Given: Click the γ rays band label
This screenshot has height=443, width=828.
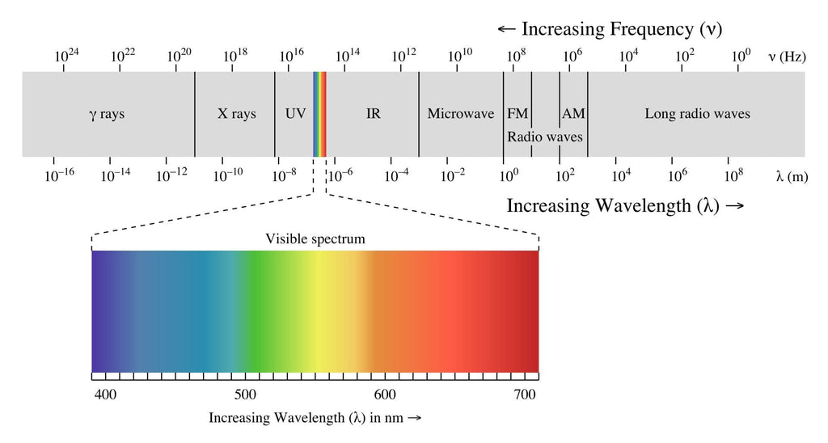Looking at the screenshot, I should pyautogui.click(x=107, y=114).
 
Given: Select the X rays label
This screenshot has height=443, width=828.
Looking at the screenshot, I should pyautogui.click(x=236, y=114).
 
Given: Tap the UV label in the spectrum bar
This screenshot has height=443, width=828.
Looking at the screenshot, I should pyautogui.click(x=295, y=114).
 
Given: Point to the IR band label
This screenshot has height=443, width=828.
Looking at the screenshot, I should pyautogui.click(x=373, y=114).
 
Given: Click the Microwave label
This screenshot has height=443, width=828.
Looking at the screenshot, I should pyautogui.click(x=460, y=114).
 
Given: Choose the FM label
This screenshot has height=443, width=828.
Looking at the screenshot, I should pyautogui.click(x=517, y=114).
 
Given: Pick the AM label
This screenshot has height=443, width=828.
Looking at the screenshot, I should pyautogui.click(x=573, y=114).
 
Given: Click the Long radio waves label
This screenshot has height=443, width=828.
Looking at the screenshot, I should pyautogui.click(x=697, y=114).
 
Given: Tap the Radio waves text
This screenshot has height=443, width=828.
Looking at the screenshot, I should pyautogui.click(x=544, y=137).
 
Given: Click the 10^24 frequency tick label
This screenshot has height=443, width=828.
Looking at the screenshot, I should pyautogui.click(x=66, y=56).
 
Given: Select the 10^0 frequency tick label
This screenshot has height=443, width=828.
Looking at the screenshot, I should pyautogui.click(x=741, y=56).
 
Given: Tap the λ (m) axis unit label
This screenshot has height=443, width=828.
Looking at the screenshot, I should pyautogui.click(x=791, y=175).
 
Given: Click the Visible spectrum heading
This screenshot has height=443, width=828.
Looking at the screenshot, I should pyautogui.click(x=315, y=239).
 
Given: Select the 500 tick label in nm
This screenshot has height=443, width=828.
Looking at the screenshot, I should pyautogui.click(x=245, y=394).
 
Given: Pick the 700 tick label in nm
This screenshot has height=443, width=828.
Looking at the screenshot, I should pyautogui.click(x=525, y=394).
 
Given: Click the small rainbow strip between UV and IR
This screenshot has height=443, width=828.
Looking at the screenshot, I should pyautogui.click(x=319, y=114).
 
